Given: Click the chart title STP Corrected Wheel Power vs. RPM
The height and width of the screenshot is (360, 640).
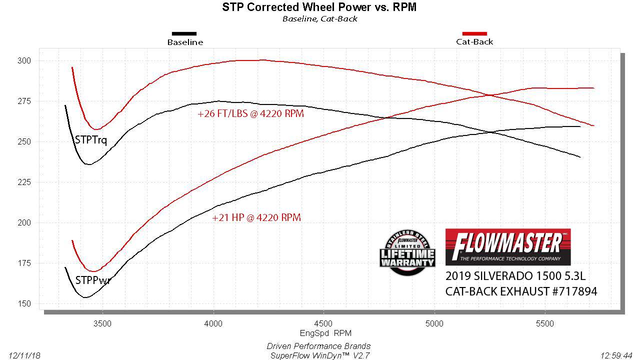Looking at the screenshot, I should click(x=319, y=7).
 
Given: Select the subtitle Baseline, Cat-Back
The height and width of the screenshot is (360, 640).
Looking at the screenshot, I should click(x=319, y=19).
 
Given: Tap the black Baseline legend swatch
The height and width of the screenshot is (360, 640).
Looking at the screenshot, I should click(x=184, y=33).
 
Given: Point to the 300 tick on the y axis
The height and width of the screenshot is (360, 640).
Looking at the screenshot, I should click(x=24, y=61).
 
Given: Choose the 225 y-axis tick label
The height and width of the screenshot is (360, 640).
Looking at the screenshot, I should click(x=24, y=182).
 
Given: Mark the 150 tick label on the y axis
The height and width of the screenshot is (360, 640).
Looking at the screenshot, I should click(x=24, y=304).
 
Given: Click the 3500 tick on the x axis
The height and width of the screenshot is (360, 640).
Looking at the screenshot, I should click(x=102, y=323).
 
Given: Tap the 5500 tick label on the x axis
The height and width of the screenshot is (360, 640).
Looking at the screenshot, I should click(x=544, y=323).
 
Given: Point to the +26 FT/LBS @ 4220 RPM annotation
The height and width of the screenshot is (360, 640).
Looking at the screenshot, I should click(x=250, y=114).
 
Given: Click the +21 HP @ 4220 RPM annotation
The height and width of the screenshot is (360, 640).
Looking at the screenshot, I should click(x=256, y=218).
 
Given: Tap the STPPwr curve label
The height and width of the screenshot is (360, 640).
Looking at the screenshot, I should click(x=92, y=280).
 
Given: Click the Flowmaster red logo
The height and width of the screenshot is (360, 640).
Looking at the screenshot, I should click(x=507, y=246).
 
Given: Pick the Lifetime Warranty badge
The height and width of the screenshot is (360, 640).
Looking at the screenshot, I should click(x=407, y=253).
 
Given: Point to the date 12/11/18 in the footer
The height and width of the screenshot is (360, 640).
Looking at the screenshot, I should click(x=24, y=355).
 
